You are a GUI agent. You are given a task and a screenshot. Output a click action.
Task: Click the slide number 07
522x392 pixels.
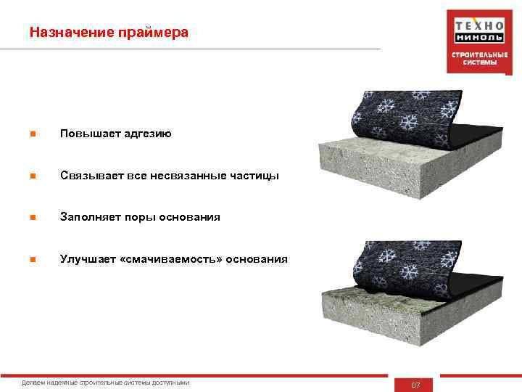[x=415, y=384]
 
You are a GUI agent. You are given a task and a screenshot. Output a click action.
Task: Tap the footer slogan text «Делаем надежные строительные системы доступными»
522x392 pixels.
[x=107, y=383]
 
